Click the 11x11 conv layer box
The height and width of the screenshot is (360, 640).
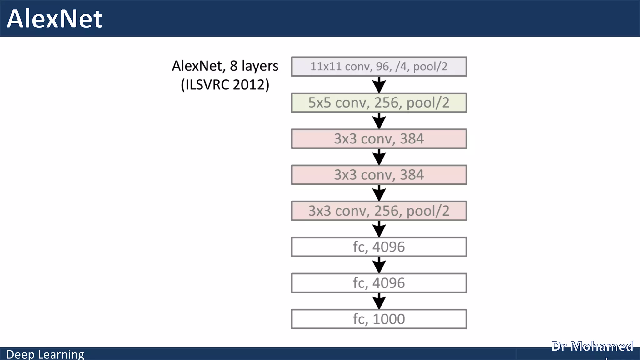tap(379, 67)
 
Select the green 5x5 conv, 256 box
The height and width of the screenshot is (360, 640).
tap(379, 102)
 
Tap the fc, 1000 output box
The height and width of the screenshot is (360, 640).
tap(379, 319)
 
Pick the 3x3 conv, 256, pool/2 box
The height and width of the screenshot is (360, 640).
tap(379, 211)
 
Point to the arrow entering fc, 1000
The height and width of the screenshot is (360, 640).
tap(379, 301)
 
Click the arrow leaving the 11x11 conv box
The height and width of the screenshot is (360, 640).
tap(379, 84)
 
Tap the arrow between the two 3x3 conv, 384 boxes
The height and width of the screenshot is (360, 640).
tap(379, 157)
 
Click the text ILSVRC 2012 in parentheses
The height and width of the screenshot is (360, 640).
tap(225, 85)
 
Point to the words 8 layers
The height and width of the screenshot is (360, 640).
tap(254, 66)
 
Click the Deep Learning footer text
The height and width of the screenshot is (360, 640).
tap(45, 354)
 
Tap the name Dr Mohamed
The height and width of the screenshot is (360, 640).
tap(592, 346)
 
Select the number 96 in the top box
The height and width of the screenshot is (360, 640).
tap(382, 67)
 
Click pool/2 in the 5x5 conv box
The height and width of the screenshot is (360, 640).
tap(427, 103)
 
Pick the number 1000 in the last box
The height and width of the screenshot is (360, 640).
tap(389, 319)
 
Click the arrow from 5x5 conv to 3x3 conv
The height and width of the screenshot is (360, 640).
tap(379, 121)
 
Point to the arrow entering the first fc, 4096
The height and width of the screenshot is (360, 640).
tap(379, 229)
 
